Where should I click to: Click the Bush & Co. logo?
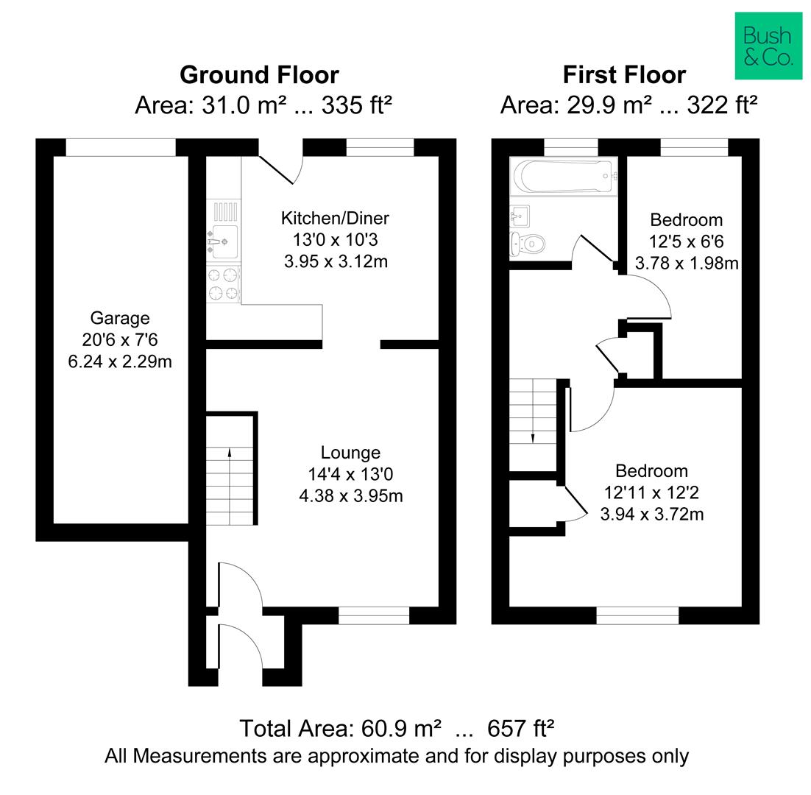pos(768,46)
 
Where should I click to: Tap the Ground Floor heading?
pos(259,75)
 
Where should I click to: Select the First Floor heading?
pos(624,75)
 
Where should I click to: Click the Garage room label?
pos(120,318)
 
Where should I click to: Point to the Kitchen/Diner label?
pos(335,219)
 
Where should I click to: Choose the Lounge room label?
pos(350,453)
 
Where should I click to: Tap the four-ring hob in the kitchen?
pos(223,283)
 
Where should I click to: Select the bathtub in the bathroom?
pos(563,176)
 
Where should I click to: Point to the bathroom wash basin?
pos(520,216)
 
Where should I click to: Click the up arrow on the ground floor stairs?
pos(230,453)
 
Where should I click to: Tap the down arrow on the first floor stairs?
pos(533,438)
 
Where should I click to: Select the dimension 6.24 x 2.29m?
pos(120,361)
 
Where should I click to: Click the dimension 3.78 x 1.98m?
pos(687,264)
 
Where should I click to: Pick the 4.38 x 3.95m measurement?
pos(351,496)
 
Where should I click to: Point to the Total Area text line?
pos(397,729)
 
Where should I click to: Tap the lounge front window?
pos(374,615)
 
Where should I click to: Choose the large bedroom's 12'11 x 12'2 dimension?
pos(652,492)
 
